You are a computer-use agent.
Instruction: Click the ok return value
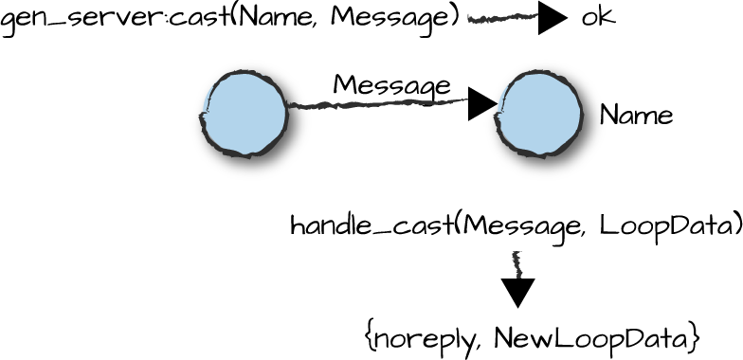(598, 19)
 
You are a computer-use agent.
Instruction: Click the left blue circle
(245, 113)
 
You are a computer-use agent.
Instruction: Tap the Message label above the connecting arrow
(391, 85)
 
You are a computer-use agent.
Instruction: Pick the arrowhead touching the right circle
(481, 105)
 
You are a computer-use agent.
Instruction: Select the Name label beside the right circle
(636, 116)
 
